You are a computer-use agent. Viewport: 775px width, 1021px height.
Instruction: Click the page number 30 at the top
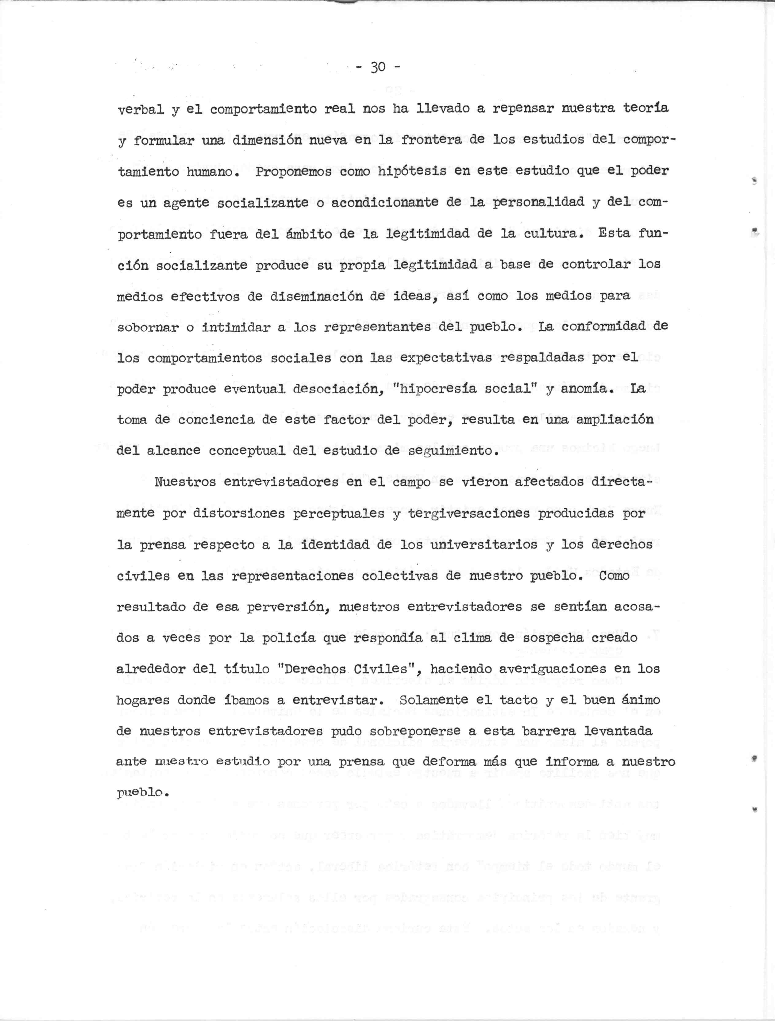[377, 68]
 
